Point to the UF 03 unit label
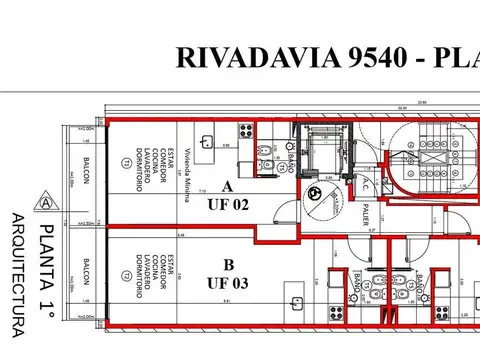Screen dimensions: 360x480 227,283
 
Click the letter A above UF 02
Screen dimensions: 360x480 227,187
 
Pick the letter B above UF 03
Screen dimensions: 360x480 227,265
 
